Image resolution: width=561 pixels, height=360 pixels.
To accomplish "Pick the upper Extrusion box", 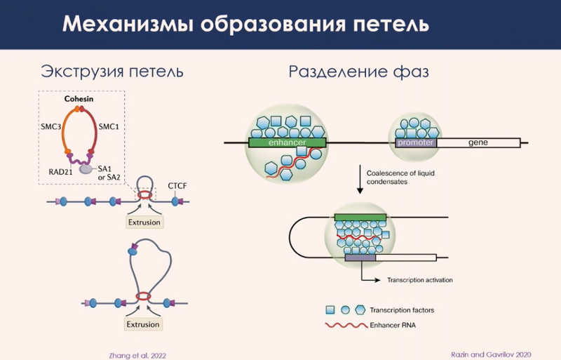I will click(x=143, y=222).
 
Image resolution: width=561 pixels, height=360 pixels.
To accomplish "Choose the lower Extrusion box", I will click(x=143, y=325).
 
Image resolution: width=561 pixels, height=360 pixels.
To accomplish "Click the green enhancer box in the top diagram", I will click(x=286, y=142).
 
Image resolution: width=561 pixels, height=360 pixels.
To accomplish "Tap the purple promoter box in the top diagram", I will click(x=417, y=142).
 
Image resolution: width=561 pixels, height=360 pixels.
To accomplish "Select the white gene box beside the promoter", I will click(x=479, y=142).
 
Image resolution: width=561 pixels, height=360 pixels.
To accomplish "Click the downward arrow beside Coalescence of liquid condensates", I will click(x=360, y=179).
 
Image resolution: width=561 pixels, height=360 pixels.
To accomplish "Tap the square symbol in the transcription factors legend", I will click(x=330, y=309).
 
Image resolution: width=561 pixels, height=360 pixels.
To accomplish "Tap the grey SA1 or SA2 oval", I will click(x=86, y=169).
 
